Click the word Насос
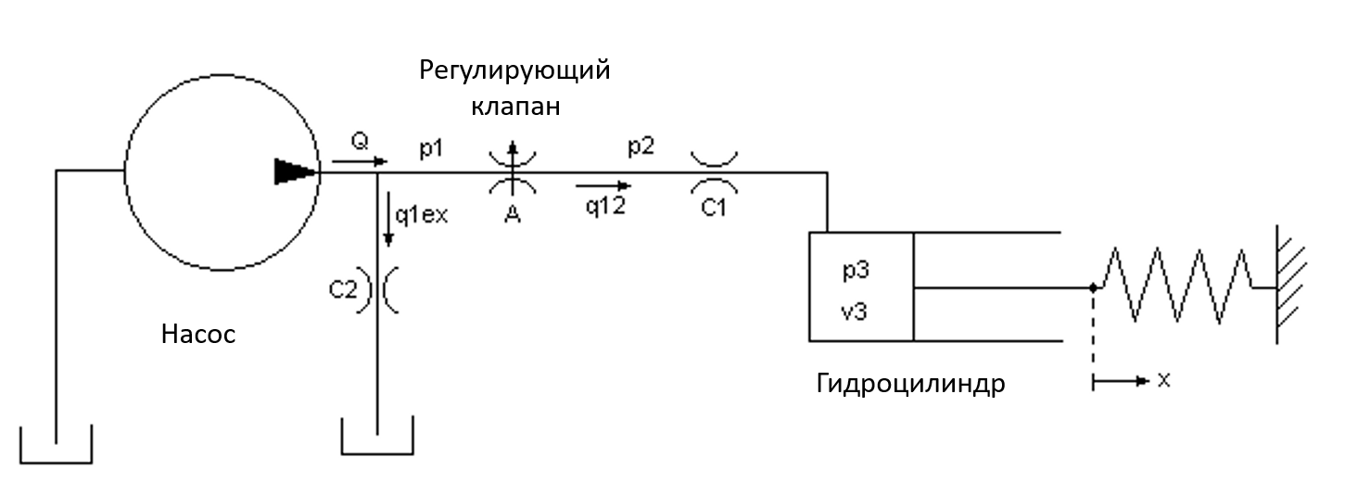[x=198, y=335]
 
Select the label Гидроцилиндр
[x=910, y=384]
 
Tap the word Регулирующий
[x=514, y=71]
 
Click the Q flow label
[x=360, y=142]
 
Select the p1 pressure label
[x=429, y=147]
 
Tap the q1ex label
[x=421, y=215]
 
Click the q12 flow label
[x=604, y=207]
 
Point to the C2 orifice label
[x=342, y=289]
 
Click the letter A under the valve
[x=511, y=215]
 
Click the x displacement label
[x=1163, y=380]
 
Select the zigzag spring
[x=1177, y=286]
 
